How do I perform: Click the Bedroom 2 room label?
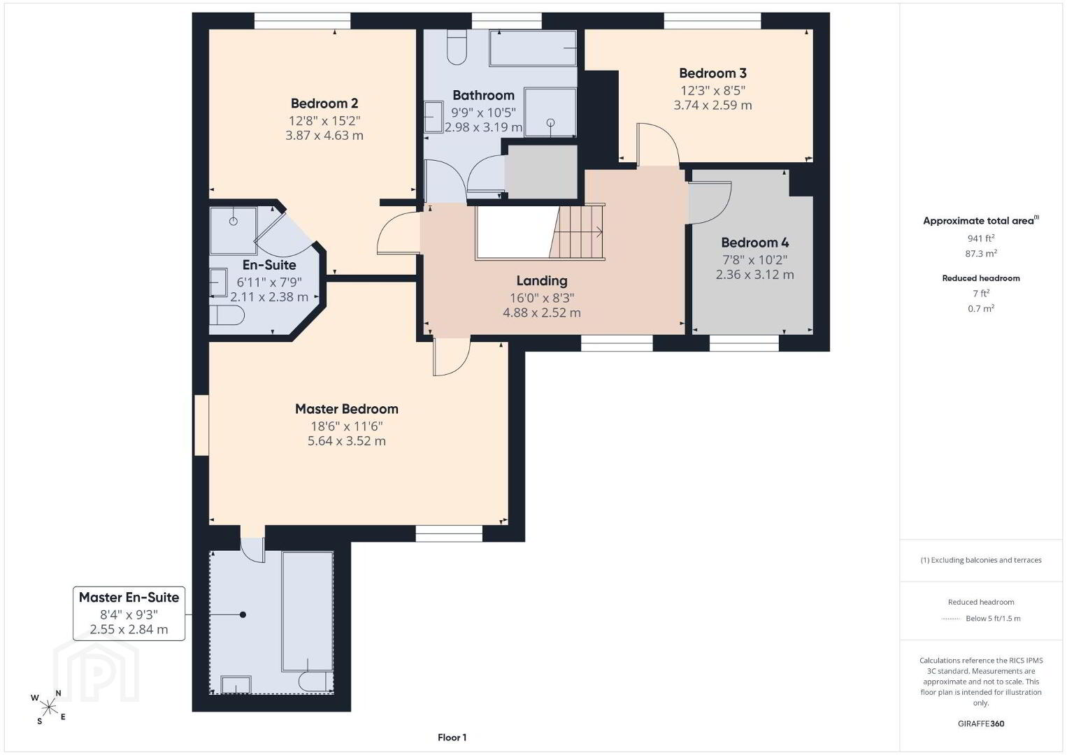324,103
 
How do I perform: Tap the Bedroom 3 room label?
712,73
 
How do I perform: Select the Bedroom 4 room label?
755,243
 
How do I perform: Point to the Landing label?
542,280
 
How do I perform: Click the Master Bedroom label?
347,409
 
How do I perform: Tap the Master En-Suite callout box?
129,613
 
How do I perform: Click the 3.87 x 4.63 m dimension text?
324,136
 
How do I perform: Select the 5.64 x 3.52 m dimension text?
347,440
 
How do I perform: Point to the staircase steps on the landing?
577,232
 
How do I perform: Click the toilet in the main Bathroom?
457,47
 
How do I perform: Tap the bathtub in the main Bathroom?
533,48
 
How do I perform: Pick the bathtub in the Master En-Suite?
307,612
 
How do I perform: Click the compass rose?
48,707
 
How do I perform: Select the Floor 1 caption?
452,738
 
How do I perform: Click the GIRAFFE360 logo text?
981,724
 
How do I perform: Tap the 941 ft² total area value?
981,238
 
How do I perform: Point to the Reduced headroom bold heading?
981,278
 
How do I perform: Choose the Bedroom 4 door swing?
710,203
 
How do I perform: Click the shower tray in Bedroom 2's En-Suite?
234,231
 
